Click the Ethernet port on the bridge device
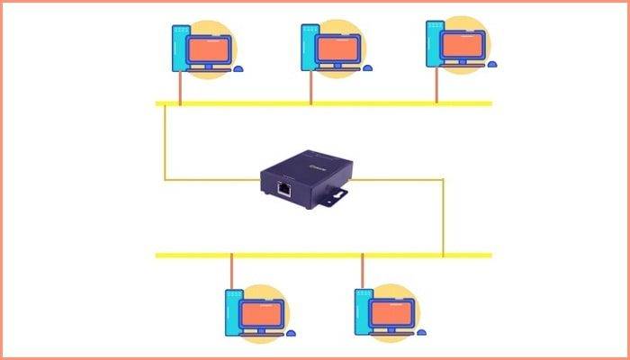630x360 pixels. (285, 189)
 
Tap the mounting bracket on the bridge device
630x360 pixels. (336, 193)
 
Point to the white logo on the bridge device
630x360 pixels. (318, 164)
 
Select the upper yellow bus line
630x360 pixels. (324, 103)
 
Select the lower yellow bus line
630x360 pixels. (324, 256)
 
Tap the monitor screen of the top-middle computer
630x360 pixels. (337, 44)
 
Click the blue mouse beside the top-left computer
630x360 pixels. (238, 67)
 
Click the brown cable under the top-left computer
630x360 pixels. (181, 88)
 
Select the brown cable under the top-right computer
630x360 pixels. (436, 86)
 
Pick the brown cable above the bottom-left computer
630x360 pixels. (231, 270)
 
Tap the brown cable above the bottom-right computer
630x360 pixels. (363, 270)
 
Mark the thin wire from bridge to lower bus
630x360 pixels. (443, 216)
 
